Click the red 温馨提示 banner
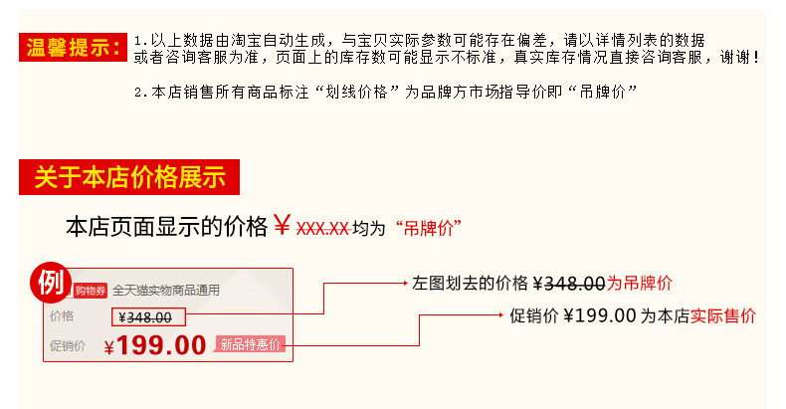pos(75,46)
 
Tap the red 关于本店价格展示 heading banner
pos(129,178)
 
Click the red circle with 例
pos(50,283)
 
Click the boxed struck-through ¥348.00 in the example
pos(147,317)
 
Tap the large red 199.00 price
pos(160,345)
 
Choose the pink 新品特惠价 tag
pos(252,344)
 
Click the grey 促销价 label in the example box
pos(67,346)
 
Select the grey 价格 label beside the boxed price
pos(62,317)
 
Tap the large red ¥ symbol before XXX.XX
pos(283,226)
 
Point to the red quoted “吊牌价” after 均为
pos(428,228)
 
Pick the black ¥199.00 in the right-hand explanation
pos(599,316)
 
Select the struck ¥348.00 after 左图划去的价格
pos(570,283)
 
